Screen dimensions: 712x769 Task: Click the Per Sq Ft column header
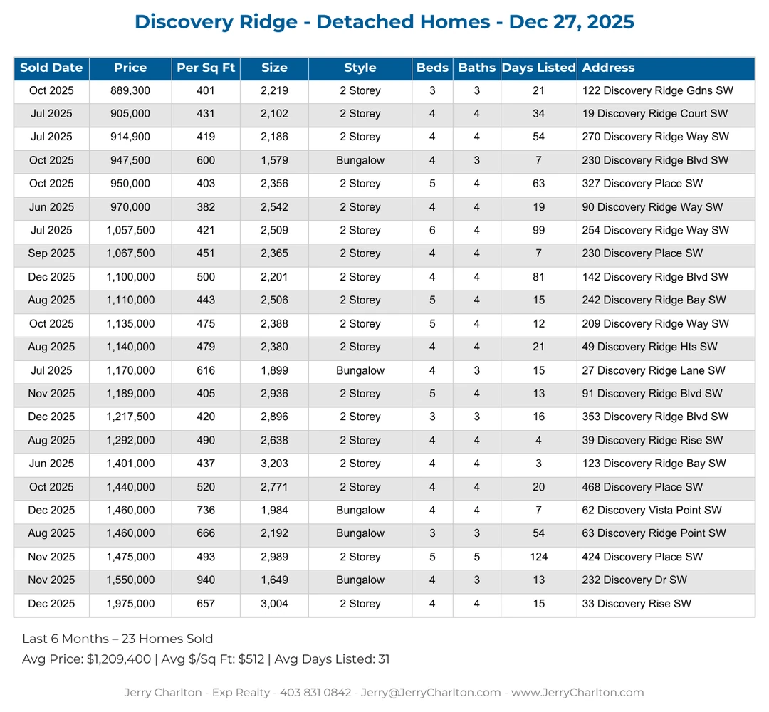206,68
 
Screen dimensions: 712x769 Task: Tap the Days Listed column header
538,68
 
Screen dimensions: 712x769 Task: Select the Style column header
360,68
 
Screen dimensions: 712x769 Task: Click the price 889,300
130,91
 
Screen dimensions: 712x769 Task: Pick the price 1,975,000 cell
130,604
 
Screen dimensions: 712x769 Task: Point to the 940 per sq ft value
206,580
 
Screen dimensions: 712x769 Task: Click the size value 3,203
274,464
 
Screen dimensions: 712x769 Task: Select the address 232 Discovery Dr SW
634,580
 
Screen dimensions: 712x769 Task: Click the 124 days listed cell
538,557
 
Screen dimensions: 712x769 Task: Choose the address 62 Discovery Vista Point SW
652,511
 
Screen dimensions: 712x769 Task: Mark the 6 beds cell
432,231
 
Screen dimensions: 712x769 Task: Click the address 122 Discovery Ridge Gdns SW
657,91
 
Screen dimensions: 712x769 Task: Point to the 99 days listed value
538,231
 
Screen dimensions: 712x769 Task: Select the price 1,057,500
130,231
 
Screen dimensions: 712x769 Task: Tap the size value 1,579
274,161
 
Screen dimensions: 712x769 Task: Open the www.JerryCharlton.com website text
577,693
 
